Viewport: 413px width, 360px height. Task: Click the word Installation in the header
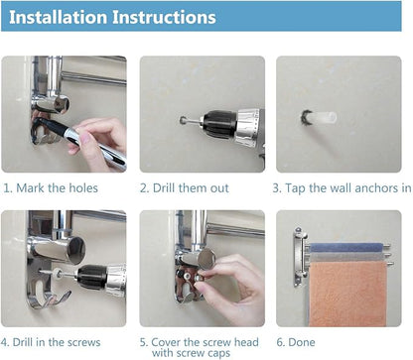(x=59, y=17)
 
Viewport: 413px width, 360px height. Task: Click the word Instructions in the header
(x=164, y=17)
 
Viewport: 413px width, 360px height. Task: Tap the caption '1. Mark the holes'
(x=51, y=188)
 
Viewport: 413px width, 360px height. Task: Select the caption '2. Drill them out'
(x=185, y=188)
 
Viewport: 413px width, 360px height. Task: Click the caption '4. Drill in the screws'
(x=51, y=342)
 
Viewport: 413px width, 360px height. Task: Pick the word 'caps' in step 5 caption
(x=217, y=353)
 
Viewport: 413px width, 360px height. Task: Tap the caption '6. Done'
(x=296, y=342)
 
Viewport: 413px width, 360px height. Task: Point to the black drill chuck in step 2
(x=219, y=124)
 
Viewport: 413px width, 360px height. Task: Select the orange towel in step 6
(x=347, y=294)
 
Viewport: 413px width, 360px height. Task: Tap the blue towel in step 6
(x=346, y=248)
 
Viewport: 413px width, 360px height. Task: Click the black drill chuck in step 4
(x=92, y=277)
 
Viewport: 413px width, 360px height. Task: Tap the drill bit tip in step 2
(x=183, y=120)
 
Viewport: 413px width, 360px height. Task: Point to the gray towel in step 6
(x=347, y=257)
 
